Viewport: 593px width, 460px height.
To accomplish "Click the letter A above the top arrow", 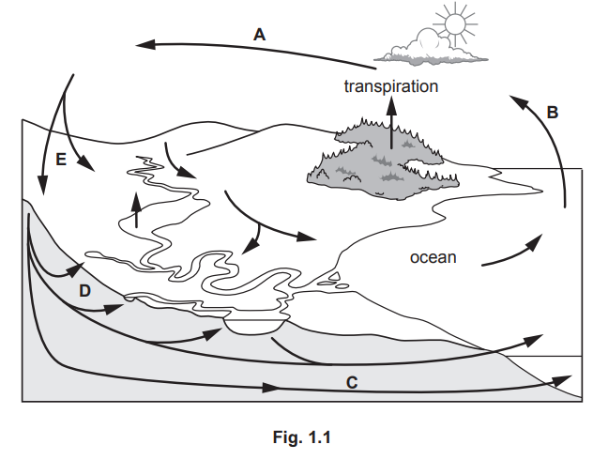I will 260,34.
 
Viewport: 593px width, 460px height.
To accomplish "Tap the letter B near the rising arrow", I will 553,112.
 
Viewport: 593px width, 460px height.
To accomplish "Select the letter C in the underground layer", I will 351,382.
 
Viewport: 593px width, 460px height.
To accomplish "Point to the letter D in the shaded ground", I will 84,291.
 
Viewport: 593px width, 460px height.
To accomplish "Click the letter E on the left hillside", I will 60,161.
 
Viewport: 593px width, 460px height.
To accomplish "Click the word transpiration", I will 389,85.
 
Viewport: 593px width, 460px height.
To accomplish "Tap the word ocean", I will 433,255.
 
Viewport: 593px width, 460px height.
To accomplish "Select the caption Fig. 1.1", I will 296,436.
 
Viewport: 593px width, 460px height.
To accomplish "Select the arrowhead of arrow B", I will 519,98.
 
